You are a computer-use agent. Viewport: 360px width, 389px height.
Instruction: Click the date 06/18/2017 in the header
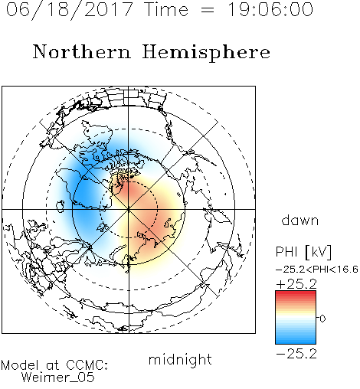70,10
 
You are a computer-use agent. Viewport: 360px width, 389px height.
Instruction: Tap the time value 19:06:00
270,9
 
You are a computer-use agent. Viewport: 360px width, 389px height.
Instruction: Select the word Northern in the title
82,51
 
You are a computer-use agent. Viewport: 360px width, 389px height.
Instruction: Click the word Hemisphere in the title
206,53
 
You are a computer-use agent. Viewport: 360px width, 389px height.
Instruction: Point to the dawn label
300,220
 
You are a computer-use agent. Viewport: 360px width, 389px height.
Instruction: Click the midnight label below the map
180,359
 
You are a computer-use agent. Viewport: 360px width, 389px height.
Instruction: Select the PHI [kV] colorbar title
303,252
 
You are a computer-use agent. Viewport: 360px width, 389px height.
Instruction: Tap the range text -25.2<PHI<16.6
317,270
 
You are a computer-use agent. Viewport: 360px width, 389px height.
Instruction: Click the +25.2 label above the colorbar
296,284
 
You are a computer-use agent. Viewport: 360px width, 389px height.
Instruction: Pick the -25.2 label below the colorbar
296,354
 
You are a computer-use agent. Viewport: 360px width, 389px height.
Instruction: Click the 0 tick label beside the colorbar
322,319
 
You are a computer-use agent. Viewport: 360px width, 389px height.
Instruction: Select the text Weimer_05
58,378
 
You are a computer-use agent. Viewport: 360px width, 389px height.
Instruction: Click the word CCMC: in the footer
87,365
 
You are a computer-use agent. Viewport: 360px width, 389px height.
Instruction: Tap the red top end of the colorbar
296,293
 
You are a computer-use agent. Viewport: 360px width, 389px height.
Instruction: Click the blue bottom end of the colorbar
296,342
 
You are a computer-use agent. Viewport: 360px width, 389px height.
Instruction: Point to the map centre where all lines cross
129,209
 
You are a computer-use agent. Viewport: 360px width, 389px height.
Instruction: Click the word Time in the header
166,9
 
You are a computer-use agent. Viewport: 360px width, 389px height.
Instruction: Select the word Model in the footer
20,365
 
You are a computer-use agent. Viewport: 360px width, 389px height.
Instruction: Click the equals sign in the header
208,11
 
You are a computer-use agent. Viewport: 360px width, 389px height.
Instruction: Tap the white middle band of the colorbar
296,319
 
